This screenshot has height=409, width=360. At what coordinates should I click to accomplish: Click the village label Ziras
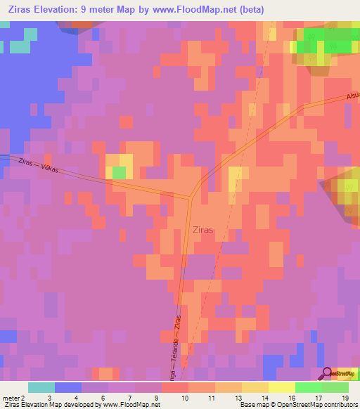point(202,229)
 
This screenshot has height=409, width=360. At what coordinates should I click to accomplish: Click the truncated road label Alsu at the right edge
point(352,97)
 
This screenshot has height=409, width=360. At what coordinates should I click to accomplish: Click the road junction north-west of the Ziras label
point(190,197)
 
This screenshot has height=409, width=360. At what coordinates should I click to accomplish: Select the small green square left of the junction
point(120,172)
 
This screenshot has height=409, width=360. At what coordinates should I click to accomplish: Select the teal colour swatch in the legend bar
point(41,387)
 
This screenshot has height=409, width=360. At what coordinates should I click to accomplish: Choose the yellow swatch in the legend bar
point(281,387)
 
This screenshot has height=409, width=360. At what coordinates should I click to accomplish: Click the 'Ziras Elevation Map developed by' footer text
point(51,405)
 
